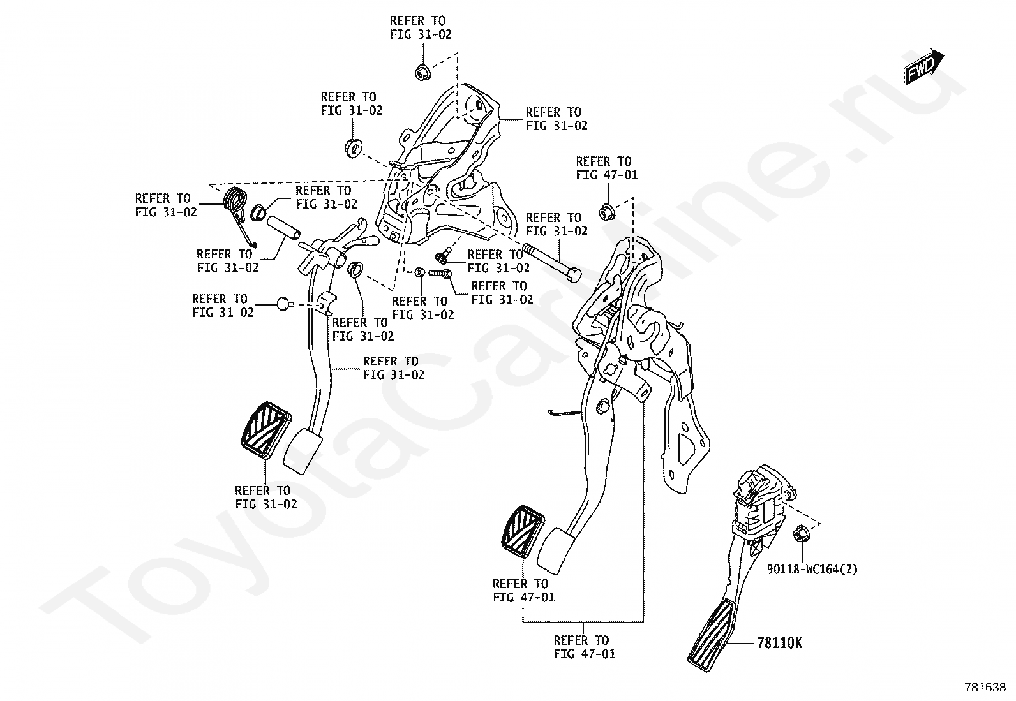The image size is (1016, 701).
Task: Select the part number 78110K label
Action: tap(779, 643)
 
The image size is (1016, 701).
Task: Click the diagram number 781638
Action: tap(985, 688)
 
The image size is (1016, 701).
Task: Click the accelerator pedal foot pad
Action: tap(710, 635)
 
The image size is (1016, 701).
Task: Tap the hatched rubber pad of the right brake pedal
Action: tap(523, 531)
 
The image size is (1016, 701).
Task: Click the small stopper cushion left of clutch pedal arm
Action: tap(284, 304)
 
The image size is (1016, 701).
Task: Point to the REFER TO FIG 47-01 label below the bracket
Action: tap(585, 647)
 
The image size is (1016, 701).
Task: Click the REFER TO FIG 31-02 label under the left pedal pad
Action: tap(265, 497)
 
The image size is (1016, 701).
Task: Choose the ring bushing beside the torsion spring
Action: tap(258, 212)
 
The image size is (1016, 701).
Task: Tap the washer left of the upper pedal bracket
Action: tap(352, 147)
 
